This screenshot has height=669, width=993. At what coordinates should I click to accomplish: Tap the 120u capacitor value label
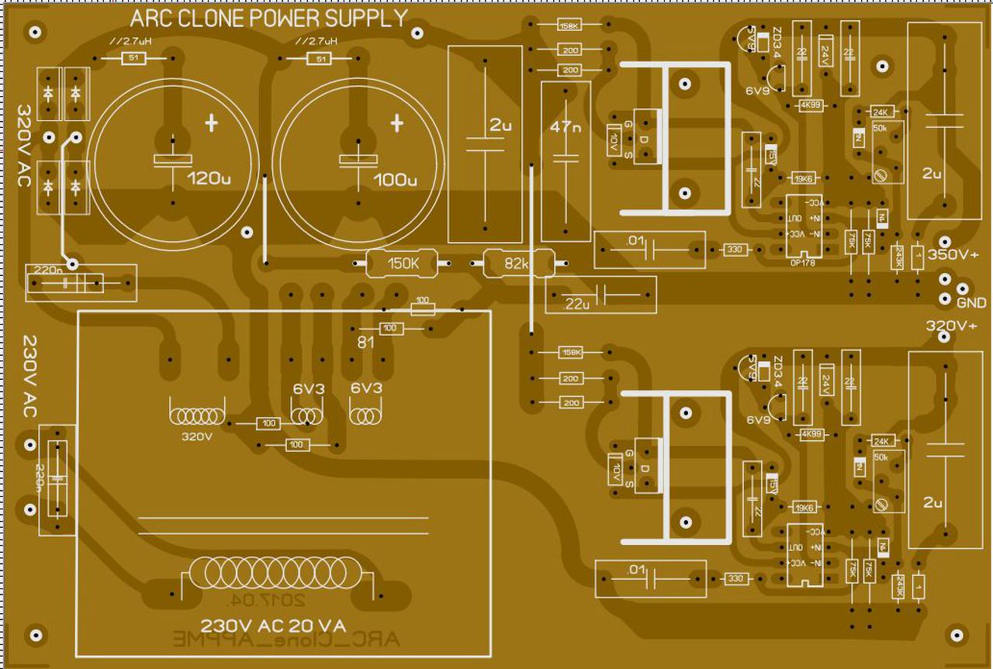pos(209,179)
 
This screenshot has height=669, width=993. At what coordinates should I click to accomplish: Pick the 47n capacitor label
pos(565,127)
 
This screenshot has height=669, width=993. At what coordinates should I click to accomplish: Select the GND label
pos(971,302)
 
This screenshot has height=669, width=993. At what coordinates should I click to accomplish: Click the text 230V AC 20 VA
pos(273,626)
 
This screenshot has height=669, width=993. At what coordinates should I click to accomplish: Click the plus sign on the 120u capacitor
pos(211,122)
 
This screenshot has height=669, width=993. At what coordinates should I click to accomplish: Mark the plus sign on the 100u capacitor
pos(397,122)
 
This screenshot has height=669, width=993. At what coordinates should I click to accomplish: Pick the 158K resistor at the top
pos(569,26)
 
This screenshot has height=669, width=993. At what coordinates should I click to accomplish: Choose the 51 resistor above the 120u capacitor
pos(133,58)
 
